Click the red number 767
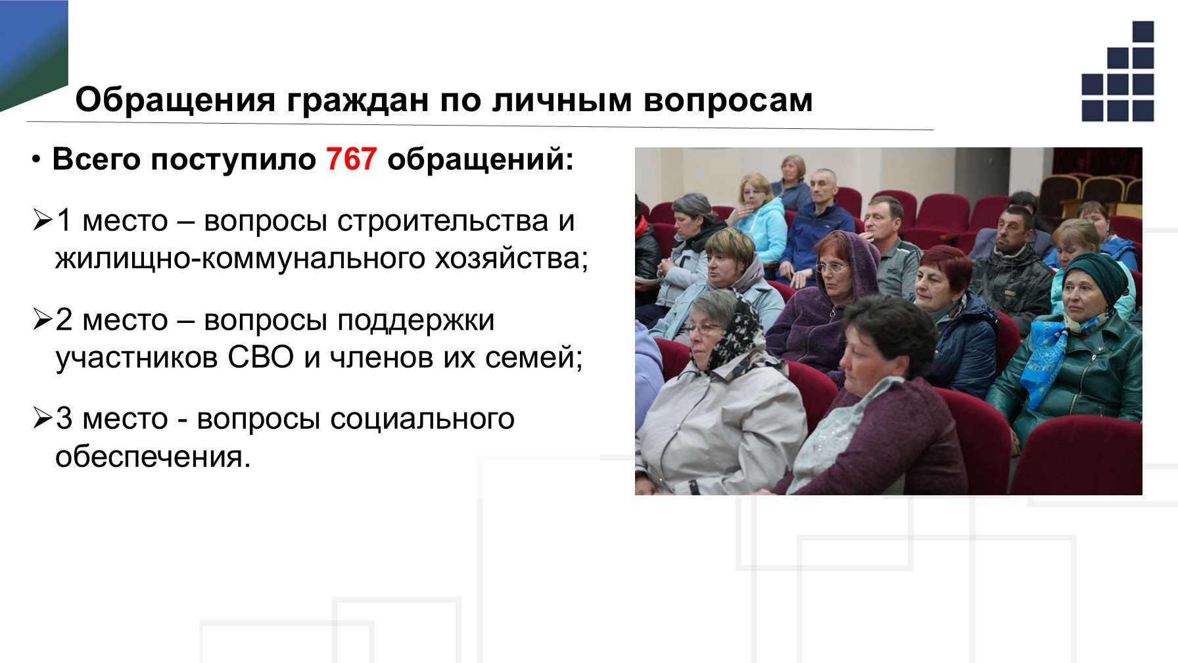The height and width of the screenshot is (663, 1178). [352, 159]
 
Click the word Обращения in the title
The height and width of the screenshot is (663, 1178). [176, 101]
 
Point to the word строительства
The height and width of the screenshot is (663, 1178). [442, 221]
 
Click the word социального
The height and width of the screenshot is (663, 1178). [421, 419]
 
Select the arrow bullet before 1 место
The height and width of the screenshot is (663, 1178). [43, 220]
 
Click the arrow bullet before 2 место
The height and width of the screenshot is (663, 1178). [43, 320]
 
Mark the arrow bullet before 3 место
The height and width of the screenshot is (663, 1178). [43, 418]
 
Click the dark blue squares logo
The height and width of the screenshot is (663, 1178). [1118, 72]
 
